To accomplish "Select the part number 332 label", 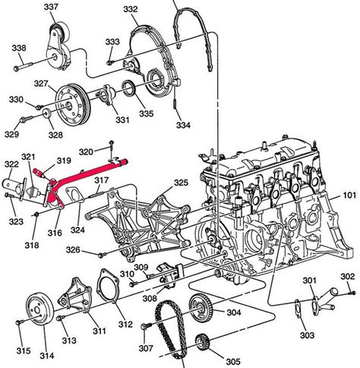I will tap(131, 9).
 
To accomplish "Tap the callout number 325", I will tap(181, 182).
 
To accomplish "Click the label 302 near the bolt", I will tap(346, 276).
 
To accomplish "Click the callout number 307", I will tap(147, 348).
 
